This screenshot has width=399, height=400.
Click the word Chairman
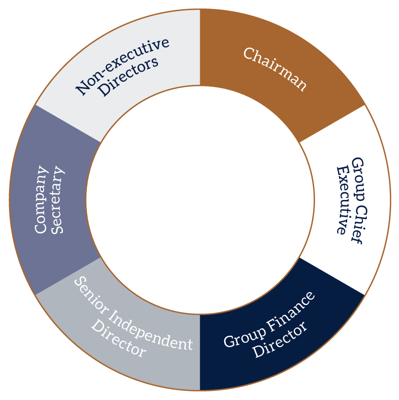(275, 69)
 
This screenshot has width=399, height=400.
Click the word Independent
(152, 330)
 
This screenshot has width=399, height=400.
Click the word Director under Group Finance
(280, 341)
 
